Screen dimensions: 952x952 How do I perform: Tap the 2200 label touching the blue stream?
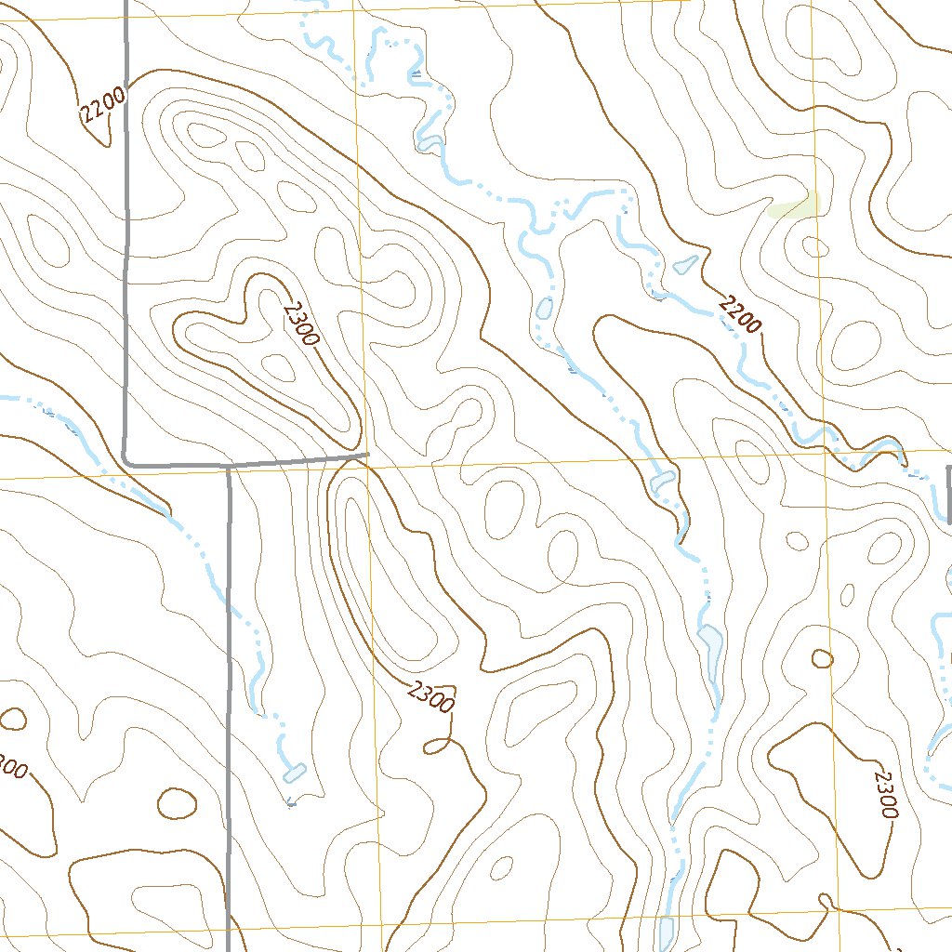click(x=740, y=314)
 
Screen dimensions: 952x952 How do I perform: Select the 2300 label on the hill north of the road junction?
click(x=302, y=323)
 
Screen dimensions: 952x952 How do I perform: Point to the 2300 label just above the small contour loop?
click(x=431, y=696)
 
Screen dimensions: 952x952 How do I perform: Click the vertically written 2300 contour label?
click(x=885, y=792)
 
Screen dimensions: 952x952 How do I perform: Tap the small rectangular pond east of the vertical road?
click(x=294, y=772)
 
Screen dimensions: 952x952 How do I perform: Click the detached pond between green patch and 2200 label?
click(x=685, y=265)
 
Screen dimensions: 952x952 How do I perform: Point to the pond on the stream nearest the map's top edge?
click(x=429, y=143)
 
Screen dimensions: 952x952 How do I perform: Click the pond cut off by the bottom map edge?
click(x=667, y=933)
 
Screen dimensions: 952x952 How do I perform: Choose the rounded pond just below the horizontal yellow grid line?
click(x=664, y=482)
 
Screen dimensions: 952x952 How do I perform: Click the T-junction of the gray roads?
click(x=229, y=464)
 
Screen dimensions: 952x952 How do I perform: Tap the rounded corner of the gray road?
click(x=127, y=459)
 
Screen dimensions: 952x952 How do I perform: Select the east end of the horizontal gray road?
click(x=368, y=455)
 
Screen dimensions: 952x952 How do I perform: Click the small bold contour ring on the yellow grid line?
click(x=822, y=658)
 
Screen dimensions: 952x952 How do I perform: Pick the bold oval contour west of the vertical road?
click(x=177, y=803)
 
